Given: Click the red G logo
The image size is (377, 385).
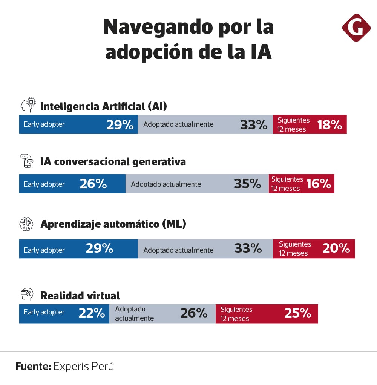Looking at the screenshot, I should pyautogui.click(x=356, y=28).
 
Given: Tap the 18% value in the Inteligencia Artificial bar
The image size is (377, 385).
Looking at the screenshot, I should pyautogui.click(x=329, y=125).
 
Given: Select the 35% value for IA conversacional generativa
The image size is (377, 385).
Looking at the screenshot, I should pyautogui.click(x=247, y=184).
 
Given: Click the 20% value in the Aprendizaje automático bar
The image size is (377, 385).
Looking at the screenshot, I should pyautogui.click(x=336, y=248).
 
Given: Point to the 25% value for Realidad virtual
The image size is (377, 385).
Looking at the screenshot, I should pyautogui.click(x=297, y=313).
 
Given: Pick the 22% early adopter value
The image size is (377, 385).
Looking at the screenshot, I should pyautogui.click(x=92, y=313).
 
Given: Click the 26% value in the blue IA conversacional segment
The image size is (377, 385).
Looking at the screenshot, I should pyautogui.click(x=93, y=184).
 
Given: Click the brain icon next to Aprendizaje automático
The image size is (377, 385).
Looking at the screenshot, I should pyautogui.click(x=27, y=224).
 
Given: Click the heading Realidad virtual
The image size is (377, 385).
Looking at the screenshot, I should pyautogui.click(x=80, y=295).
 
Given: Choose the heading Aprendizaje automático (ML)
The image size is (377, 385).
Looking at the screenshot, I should pyautogui.click(x=113, y=224).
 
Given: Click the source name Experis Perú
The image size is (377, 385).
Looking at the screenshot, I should pyautogui.click(x=84, y=366).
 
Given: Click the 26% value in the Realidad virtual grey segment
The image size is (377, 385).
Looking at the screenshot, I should pyautogui.click(x=194, y=313).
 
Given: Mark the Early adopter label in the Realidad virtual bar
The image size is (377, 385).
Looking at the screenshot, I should pyautogui.click(x=44, y=312).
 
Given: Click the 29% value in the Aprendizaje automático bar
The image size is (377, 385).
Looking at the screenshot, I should pyautogui.click(x=100, y=248).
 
